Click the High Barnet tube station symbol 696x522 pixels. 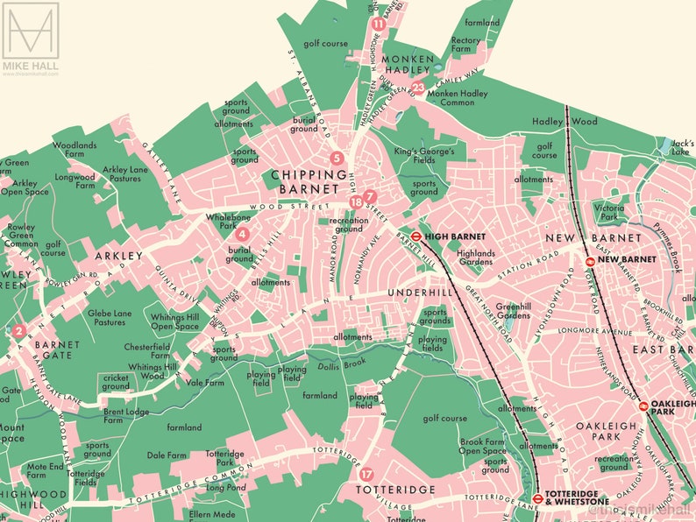(415, 236)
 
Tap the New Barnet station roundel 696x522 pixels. (591, 260)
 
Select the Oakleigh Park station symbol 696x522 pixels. (643, 406)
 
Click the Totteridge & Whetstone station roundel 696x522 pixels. (536, 499)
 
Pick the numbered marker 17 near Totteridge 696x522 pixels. (366, 475)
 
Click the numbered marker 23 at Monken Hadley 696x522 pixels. (418, 88)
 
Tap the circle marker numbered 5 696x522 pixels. (336, 159)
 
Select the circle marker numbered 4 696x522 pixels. (243, 234)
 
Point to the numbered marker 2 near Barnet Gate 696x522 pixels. (18, 330)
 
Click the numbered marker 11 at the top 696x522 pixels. (378, 24)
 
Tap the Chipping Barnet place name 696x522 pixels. (304, 181)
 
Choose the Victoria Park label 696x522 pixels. (608, 212)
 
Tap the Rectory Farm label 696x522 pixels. (466, 44)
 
